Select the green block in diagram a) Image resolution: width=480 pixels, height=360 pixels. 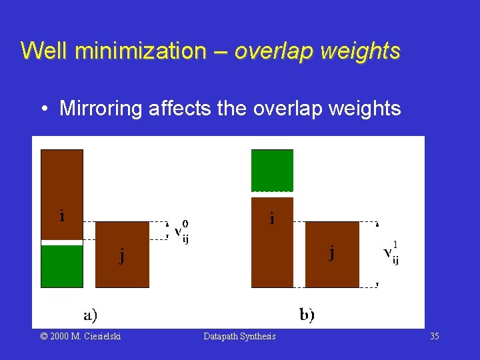[62, 266]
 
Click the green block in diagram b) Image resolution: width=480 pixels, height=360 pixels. [272, 171]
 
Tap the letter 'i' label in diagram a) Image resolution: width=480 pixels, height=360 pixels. [62, 215]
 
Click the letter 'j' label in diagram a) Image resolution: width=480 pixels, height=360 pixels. [121, 256]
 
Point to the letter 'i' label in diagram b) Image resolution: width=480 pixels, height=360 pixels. [271, 217]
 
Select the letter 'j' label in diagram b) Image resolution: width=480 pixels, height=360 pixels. [331, 253]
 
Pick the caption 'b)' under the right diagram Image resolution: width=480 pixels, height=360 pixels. [307, 314]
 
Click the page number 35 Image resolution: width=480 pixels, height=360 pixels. [435, 337]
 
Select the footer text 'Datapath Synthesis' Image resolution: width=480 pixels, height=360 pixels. [239, 337]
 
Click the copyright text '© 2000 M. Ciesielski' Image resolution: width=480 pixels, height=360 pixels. [81, 337]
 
